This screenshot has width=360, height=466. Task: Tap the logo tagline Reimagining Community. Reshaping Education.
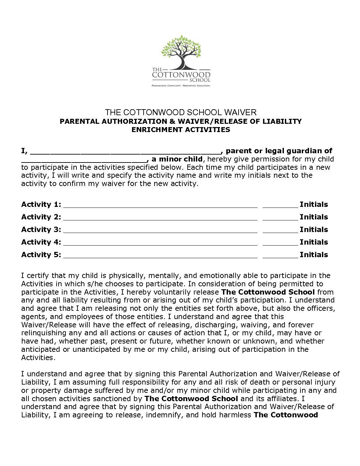(x=181, y=86)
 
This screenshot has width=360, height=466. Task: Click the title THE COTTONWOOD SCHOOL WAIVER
(x=181, y=112)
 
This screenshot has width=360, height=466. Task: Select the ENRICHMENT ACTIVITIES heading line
(x=181, y=130)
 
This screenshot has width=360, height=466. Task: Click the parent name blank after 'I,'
(x=126, y=152)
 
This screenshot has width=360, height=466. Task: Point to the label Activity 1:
(x=41, y=205)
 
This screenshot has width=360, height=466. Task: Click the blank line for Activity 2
(x=160, y=217)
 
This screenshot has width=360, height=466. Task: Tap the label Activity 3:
(x=41, y=230)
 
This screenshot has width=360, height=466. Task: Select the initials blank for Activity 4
(x=280, y=243)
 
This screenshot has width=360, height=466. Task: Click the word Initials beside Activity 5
(x=314, y=255)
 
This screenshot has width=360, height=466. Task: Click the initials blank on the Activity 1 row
(x=280, y=205)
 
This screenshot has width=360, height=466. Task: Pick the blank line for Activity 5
(x=160, y=255)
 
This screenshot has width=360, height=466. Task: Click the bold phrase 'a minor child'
(x=177, y=159)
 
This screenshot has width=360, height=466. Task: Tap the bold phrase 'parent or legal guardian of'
(x=279, y=151)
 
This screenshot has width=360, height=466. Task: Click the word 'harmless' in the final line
(x=236, y=415)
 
